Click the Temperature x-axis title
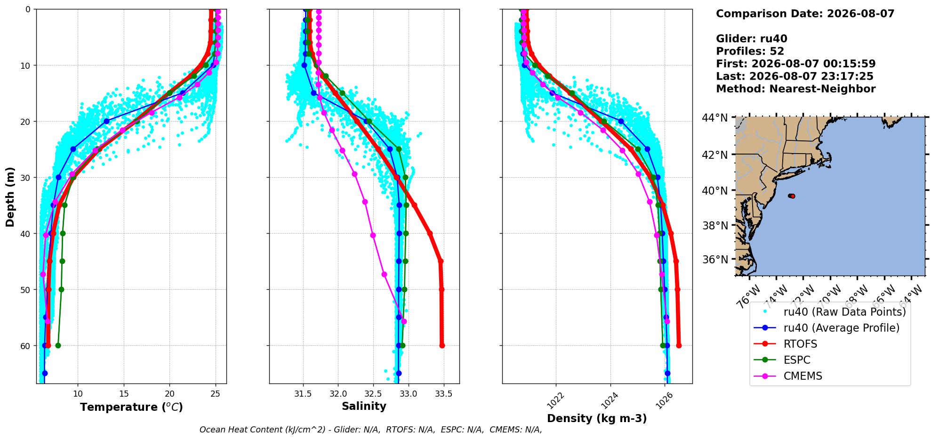(x=131, y=407)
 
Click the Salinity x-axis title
(x=364, y=407)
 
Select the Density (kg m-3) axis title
(x=597, y=418)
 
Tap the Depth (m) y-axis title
(x=10, y=196)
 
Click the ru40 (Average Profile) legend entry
(x=827, y=328)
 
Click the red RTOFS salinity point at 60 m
(x=442, y=346)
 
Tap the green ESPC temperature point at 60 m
(x=58, y=346)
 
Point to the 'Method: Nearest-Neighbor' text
(x=796, y=89)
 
